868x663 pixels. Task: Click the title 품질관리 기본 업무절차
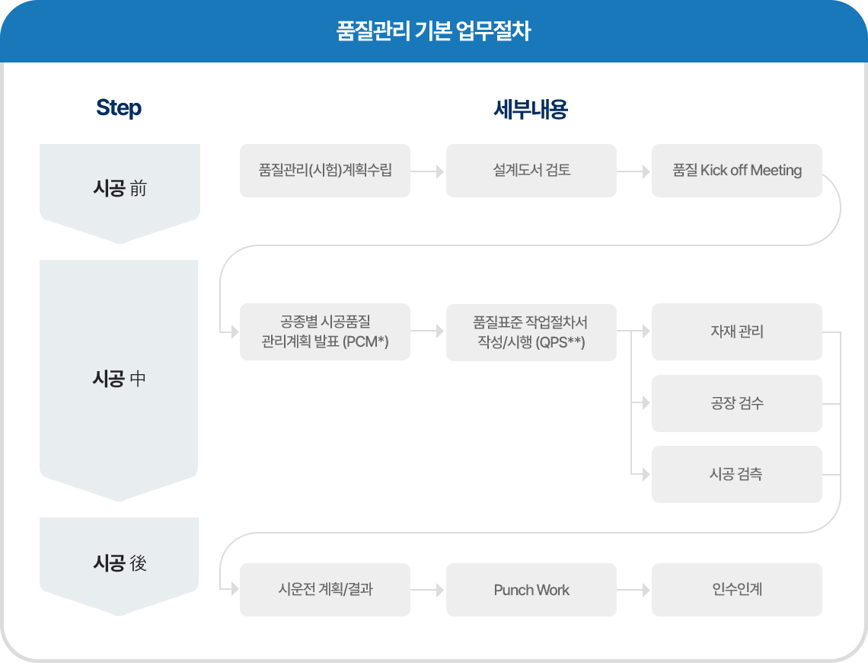click(433, 31)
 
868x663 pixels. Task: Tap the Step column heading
click(119, 107)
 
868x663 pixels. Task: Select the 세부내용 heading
click(531, 109)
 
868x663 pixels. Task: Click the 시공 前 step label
click(120, 188)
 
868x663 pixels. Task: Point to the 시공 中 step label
click(119, 379)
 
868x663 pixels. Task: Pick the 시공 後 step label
click(120, 562)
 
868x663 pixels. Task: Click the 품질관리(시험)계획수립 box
click(325, 171)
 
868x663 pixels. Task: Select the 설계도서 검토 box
click(531, 171)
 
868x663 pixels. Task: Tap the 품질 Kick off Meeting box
click(737, 171)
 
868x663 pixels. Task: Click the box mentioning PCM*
click(325, 331)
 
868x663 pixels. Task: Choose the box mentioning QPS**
click(531, 332)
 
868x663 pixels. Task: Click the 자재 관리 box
click(737, 331)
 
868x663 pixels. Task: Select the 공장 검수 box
click(737, 403)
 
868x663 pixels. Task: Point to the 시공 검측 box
click(737, 474)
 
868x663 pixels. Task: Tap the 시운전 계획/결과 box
click(325, 590)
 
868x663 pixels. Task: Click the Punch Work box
click(531, 590)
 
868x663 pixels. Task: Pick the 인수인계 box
click(737, 590)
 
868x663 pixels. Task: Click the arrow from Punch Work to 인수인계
click(633, 590)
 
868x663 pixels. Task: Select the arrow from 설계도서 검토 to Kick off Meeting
click(633, 171)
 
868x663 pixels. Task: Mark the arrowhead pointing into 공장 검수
click(646, 402)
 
